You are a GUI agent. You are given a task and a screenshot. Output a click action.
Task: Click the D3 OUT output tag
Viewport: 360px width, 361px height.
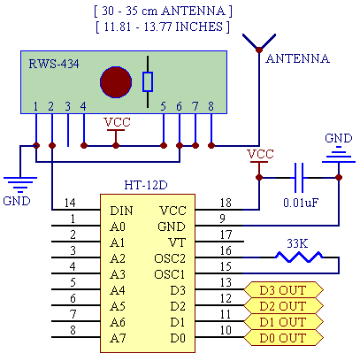283,290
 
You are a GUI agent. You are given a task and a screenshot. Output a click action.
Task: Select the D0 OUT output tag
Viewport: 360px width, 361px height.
283,338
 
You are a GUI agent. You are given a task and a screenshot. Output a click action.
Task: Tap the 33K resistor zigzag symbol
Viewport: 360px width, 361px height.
299,257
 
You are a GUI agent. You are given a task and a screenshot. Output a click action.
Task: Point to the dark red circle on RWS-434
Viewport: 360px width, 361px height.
116,82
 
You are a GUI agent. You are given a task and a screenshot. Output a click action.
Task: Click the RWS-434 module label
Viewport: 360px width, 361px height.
54,64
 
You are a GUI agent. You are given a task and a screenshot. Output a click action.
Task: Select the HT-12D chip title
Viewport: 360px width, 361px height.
146,185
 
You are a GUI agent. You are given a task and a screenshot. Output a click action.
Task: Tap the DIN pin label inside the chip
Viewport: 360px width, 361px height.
121,211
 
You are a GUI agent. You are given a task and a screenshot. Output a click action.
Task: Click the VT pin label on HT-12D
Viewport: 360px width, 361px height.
177,242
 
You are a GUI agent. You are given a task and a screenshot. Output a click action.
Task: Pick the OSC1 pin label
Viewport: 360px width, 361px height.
170,274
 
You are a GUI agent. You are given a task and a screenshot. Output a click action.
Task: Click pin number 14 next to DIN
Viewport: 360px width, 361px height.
70,203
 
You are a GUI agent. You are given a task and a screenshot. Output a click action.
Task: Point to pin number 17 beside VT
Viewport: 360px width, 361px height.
226,234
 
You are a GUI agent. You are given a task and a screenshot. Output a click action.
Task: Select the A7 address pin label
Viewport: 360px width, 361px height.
118,338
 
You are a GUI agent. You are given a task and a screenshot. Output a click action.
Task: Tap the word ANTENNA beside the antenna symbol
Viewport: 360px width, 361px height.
297,58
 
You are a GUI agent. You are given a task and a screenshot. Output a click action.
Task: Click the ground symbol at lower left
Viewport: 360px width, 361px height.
20,182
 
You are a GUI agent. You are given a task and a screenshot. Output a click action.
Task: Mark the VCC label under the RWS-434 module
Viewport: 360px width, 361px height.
117,122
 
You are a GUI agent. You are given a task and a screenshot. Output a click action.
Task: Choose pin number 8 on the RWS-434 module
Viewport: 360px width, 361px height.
211,106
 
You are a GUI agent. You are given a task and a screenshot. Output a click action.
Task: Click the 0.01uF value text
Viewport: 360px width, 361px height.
301,203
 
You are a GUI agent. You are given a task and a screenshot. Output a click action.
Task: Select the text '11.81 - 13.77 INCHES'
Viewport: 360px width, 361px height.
164,27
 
